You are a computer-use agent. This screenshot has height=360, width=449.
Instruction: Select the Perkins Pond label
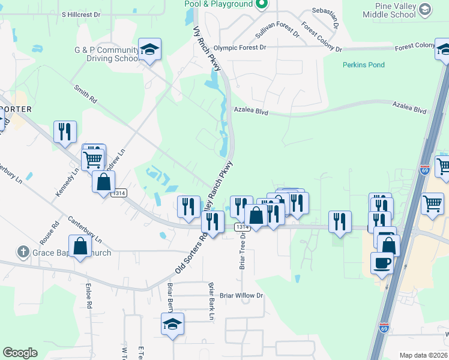point(364,65)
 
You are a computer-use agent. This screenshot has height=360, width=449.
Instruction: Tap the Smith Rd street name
point(86,95)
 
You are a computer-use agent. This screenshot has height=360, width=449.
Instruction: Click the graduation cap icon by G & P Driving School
point(150,50)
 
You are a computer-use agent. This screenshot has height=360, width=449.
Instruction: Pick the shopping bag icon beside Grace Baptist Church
point(80,246)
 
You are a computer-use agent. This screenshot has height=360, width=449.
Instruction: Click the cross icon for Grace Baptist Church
point(23,252)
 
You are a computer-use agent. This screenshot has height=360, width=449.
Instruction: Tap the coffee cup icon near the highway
point(382,262)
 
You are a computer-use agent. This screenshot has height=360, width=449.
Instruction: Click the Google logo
point(20,353)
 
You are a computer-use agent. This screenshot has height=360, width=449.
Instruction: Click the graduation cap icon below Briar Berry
point(172,325)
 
